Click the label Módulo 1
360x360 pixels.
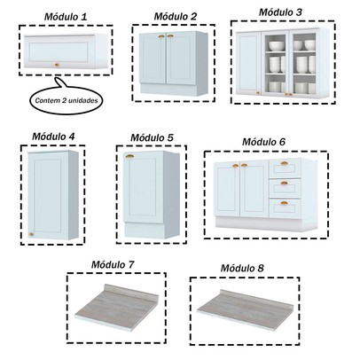[65, 17]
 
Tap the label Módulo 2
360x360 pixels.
[175, 17]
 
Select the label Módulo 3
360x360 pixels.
[280, 12]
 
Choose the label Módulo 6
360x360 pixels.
[263, 142]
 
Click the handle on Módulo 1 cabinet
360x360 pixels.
[59, 63]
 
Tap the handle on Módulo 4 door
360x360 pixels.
[33, 233]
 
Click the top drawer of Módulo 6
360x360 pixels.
[285, 165]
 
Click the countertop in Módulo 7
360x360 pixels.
[113, 306]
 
